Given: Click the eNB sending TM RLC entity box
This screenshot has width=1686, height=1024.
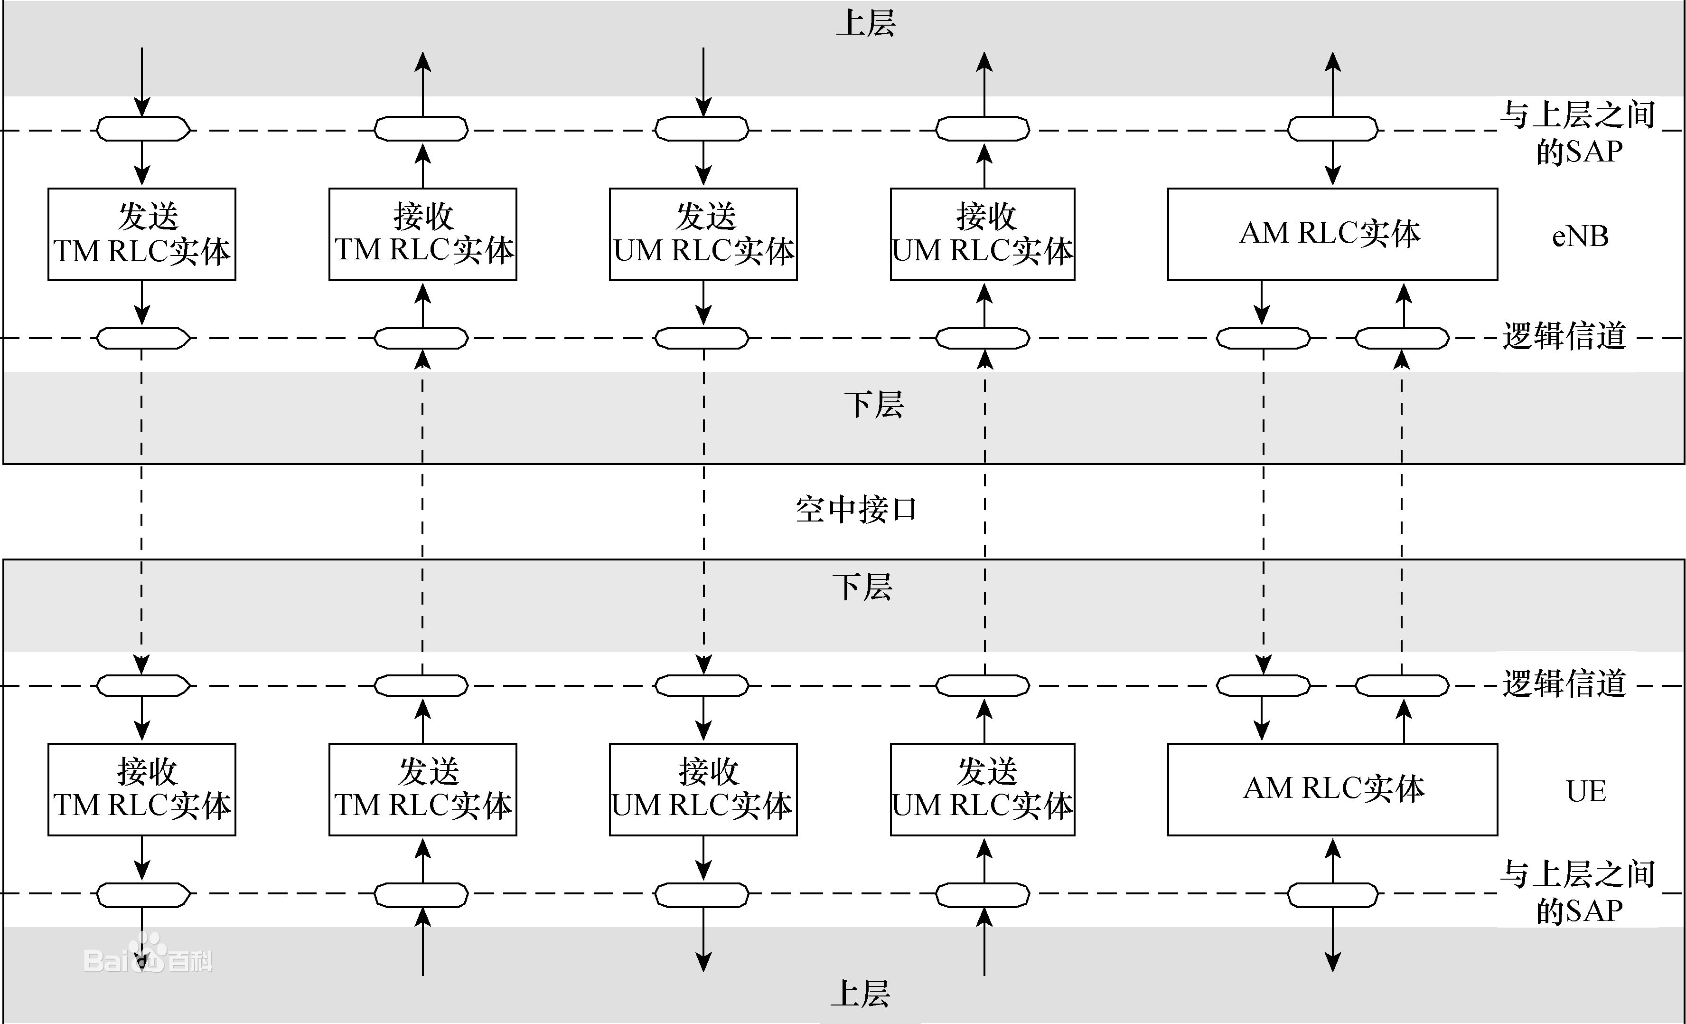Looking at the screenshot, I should (x=141, y=234).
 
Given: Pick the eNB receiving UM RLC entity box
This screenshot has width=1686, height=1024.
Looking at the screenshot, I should (x=982, y=234).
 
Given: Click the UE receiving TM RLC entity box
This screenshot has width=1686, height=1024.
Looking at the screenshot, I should (x=141, y=789).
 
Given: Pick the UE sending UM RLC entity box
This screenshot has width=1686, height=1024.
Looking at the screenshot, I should (x=982, y=789).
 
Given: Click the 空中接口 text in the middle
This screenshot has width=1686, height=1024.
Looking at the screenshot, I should (x=855, y=510).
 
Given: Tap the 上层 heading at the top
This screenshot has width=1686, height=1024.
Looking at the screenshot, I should (x=866, y=23).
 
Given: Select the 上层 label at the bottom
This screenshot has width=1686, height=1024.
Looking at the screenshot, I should (x=860, y=994).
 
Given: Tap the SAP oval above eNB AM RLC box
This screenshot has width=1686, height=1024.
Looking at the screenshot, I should (x=1332, y=129).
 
